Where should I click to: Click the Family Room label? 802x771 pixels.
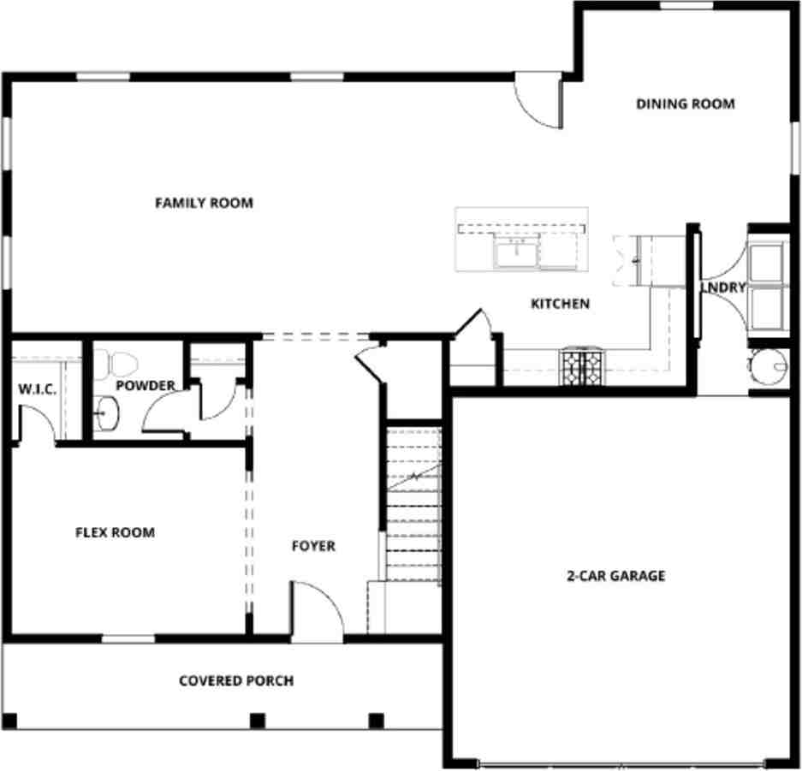(204, 203)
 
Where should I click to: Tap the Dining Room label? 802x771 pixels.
(685, 104)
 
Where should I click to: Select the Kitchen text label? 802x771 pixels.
(560, 304)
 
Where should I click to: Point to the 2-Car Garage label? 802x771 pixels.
(615, 576)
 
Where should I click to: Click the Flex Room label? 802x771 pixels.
(116, 532)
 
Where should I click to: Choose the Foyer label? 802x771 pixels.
(313, 546)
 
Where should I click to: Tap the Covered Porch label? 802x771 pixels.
(236, 681)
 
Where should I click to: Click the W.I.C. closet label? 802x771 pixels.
(38, 389)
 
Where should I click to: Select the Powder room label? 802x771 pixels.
(146, 386)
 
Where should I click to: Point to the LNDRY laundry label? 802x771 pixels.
(723, 288)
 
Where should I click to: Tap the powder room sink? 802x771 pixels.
(106, 416)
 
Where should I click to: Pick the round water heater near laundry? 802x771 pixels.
(768, 368)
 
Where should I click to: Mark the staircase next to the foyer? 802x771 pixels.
(413, 505)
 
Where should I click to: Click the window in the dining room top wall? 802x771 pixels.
(686, 6)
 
